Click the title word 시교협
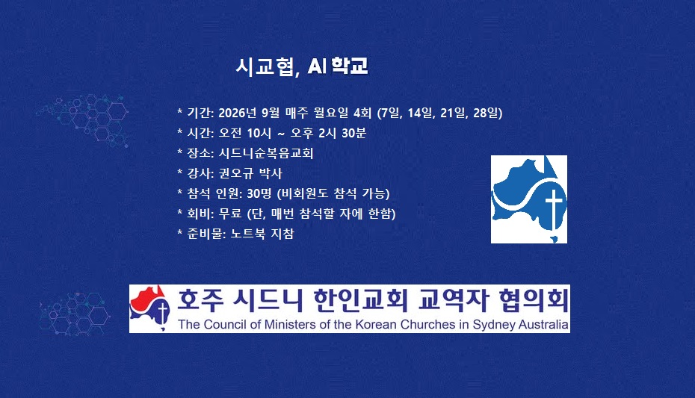(x=264, y=66)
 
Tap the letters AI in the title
(x=317, y=66)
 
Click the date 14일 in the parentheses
(x=420, y=113)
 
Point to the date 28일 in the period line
(x=486, y=113)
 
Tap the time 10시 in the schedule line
(x=259, y=133)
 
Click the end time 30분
(x=353, y=133)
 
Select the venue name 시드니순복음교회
(x=266, y=153)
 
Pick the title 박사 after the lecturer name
(x=271, y=173)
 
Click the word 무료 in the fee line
(x=230, y=214)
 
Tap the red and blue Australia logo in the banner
(x=149, y=308)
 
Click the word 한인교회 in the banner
(x=360, y=300)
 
